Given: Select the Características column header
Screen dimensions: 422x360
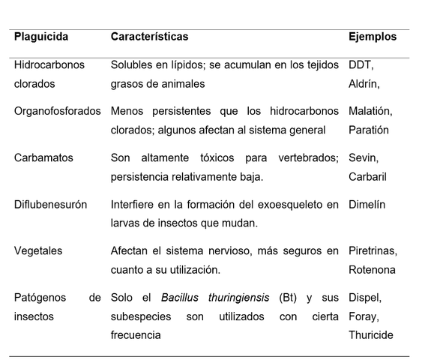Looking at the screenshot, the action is point(149,36).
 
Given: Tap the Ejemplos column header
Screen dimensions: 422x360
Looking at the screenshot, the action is point(373,36).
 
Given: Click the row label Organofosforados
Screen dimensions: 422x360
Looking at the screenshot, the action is point(57,111).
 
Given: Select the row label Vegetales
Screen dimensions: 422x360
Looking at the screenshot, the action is point(39,250).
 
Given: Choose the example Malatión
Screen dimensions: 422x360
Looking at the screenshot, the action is point(370,111).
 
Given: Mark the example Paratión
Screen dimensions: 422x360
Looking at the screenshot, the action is point(369,130).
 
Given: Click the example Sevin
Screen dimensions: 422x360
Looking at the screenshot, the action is point(364,158).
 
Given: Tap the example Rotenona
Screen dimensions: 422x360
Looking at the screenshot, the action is point(372,269).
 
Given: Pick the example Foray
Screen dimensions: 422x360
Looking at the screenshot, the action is point(364,316).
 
